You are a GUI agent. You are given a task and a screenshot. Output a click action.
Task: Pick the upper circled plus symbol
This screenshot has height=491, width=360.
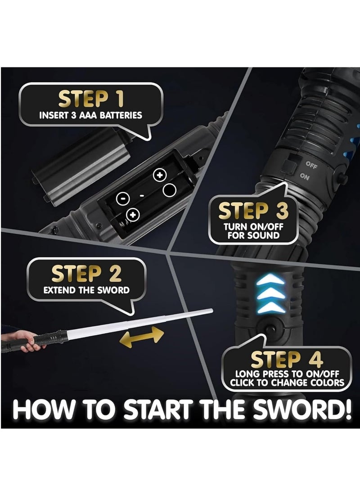[x=159, y=175]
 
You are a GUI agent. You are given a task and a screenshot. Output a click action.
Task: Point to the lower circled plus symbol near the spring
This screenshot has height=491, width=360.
[x=133, y=215]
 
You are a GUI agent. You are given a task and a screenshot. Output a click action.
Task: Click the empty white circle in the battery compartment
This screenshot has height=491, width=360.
[x=169, y=190]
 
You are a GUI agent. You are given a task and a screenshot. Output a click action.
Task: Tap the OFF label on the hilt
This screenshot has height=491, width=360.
[x=311, y=165]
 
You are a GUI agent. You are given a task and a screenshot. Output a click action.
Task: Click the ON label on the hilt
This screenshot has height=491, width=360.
[x=305, y=177]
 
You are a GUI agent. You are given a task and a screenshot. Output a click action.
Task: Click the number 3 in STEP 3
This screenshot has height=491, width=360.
[x=282, y=211]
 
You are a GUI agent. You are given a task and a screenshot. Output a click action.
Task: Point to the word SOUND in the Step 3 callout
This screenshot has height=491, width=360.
[x=262, y=235]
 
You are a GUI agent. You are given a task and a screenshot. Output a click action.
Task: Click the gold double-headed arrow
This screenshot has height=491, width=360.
[x=142, y=337]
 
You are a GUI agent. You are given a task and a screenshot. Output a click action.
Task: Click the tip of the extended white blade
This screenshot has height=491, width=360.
[x=212, y=311]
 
